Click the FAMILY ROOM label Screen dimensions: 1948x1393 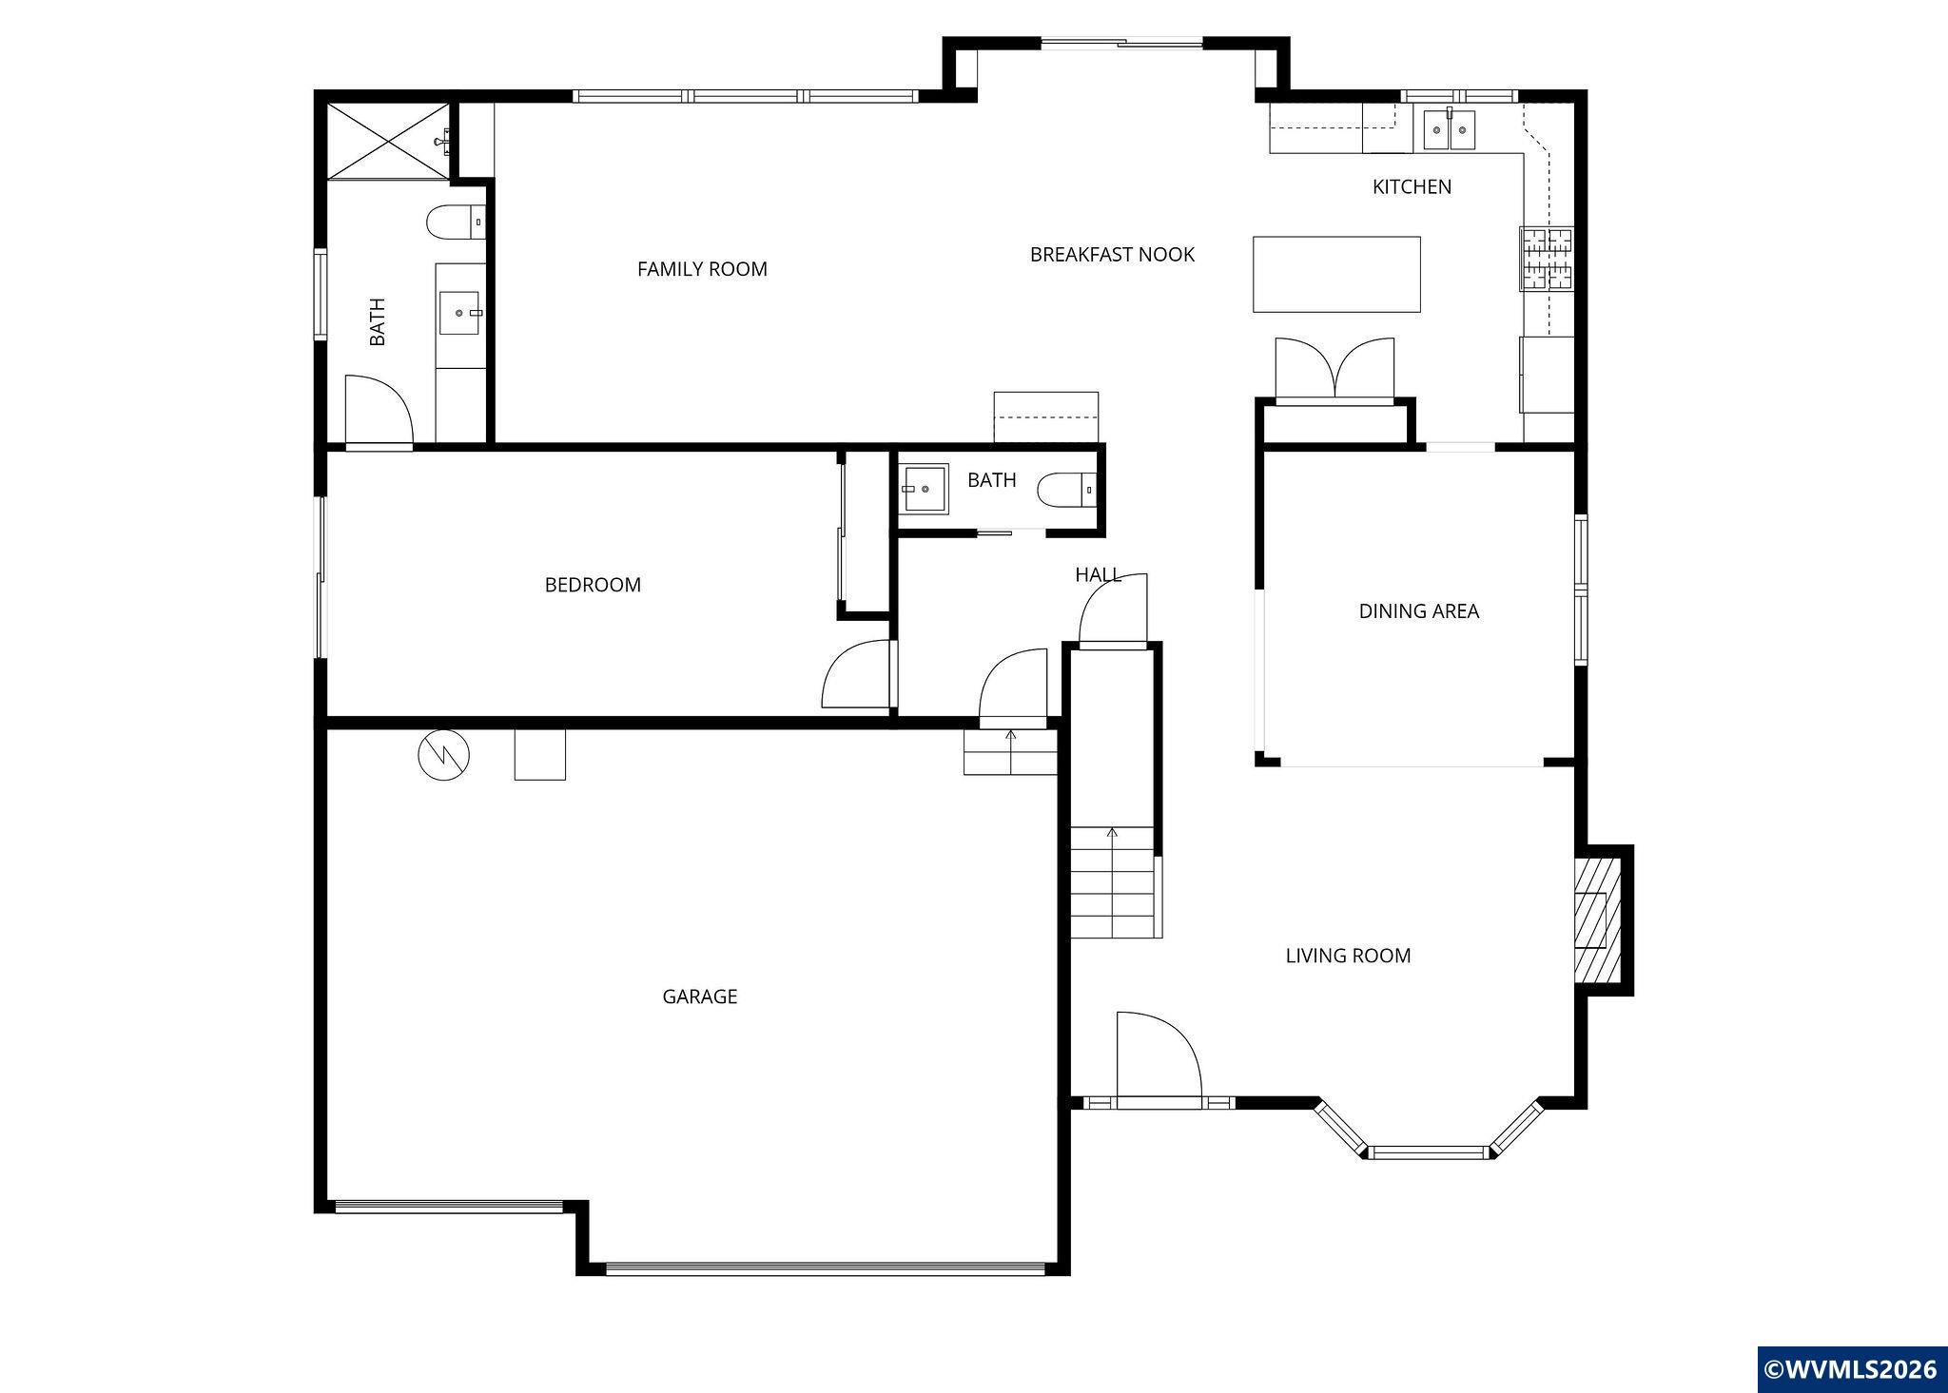click(702, 269)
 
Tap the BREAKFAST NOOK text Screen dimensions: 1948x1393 click(1112, 254)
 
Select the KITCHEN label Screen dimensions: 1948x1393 click(1412, 186)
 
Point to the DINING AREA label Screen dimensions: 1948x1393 click(1418, 611)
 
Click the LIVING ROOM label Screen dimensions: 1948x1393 click(1348, 956)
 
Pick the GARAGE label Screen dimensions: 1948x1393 click(700, 996)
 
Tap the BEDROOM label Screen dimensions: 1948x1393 click(593, 585)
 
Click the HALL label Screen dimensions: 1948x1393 click(1098, 574)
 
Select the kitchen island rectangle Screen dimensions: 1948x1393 click(1336, 274)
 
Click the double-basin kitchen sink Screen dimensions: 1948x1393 click(1450, 130)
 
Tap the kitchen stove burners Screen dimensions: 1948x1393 click(1546, 258)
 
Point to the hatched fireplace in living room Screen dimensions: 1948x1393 click(1595, 919)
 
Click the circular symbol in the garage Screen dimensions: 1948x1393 click(444, 755)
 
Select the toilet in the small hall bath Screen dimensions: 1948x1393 click(1066, 491)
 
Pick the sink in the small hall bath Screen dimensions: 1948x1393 click(923, 489)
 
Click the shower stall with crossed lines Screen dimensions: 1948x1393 click(389, 141)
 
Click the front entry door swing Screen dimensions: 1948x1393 click(1159, 1054)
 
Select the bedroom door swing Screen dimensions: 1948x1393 click(857, 674)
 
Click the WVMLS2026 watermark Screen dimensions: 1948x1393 click(1851, 1369)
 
